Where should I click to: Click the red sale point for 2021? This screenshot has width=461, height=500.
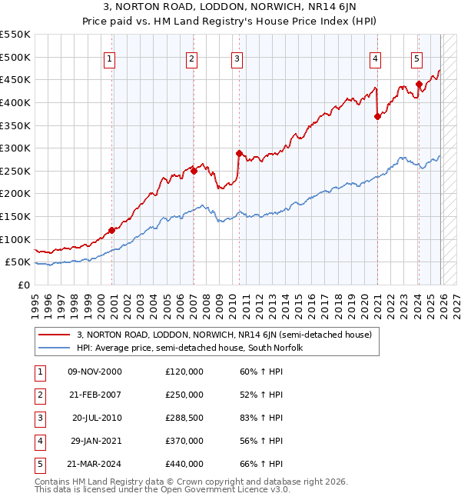point(377,116)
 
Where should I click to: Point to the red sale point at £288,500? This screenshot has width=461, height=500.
point(239,153)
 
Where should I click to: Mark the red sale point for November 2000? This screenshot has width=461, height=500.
point(112,230)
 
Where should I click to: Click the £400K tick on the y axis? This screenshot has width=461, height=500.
point(15,102)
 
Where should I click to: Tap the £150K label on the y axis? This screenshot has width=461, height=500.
point(15,216)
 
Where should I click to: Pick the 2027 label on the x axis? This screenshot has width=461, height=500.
point(456,300)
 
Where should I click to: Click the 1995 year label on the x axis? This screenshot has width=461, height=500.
point(35,300)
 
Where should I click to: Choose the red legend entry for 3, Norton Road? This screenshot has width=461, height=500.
point(224,335)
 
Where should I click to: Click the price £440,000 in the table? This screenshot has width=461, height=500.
point(184,464)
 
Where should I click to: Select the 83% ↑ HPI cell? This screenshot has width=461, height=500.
point(261,418)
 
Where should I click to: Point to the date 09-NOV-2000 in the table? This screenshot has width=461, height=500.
point(95,372)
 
